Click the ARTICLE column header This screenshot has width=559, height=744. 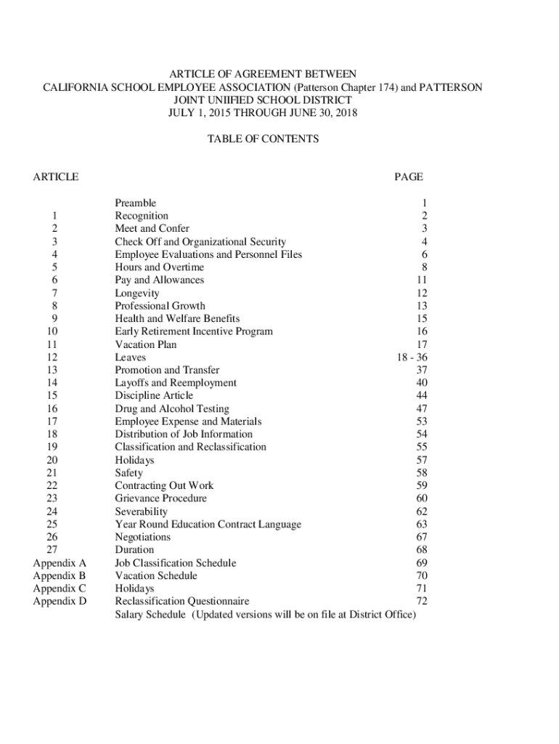(56, 177)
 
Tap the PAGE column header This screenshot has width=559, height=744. (408, 177)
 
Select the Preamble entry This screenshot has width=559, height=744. (135, 203)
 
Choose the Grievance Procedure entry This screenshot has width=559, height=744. (160, 498)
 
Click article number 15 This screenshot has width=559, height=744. (52, 396)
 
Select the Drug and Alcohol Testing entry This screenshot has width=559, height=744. (171, 409)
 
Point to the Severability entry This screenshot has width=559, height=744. (142, 511)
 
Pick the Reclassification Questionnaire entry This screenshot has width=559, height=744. (181, 602)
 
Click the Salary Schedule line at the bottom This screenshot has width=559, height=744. (265, 615)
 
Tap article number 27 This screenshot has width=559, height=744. (52, 550)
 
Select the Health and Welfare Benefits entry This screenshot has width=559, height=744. (177, 318)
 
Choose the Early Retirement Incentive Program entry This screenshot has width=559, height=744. (194, 331)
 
